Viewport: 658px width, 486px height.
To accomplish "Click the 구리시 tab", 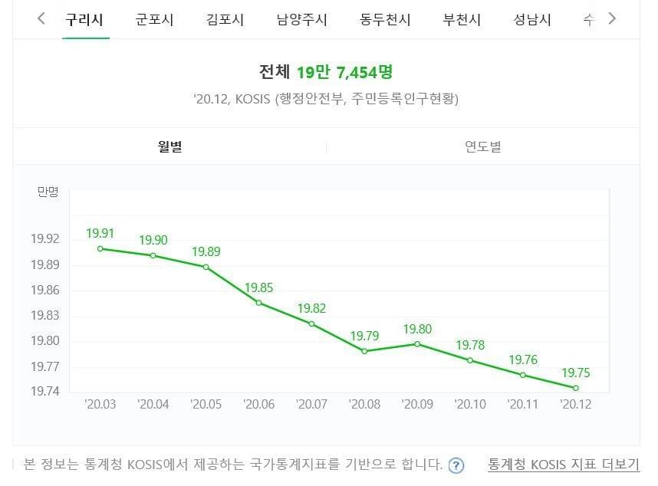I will coord(84,20).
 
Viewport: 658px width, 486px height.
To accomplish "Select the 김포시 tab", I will coord(225,20).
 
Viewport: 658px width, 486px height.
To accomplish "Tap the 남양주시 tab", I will coord(301,20).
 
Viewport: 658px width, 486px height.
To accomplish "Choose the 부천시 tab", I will coord(462,20).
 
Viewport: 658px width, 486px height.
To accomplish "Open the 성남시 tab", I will coord(532,20).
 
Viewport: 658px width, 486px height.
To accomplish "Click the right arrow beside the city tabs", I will coord(611,19).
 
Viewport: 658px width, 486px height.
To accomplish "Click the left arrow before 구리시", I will coord(41,19).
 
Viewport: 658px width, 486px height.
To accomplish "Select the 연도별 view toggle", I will coord(482,146).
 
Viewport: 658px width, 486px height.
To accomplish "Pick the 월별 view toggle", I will coord(169,146).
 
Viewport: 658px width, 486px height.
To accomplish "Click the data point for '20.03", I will coord(100,248).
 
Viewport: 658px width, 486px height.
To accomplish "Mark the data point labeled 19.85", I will coord(259,303).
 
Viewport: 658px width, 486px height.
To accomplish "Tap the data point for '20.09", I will coord(417,343).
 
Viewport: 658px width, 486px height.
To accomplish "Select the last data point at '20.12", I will coord(576,388).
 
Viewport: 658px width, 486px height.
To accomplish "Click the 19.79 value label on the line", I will coord(364,336).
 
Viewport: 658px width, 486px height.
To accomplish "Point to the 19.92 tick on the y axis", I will coord(44,239).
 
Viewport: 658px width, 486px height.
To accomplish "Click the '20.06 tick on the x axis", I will coord(258,404).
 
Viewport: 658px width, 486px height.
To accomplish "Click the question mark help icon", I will coord(456,465).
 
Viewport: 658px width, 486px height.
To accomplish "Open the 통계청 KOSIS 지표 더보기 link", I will coord(563,465).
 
